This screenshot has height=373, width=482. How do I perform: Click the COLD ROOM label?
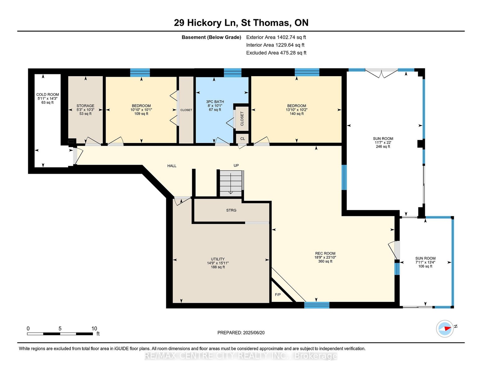tap(48, 94)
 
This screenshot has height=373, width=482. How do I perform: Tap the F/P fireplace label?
tap(278, 295)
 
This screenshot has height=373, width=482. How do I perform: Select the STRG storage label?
tap(231, 210)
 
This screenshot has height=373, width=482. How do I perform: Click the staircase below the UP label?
tap(231, 183)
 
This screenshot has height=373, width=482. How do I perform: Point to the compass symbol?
tap(445, 329)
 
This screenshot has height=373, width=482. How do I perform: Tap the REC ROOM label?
tap(325, 253)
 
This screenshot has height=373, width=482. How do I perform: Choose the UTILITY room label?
tap(218, 259)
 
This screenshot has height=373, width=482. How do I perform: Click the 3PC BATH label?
tap(215, 102)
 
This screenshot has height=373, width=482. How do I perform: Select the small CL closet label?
tap(243, 139)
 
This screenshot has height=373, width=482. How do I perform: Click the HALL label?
tap(172, 166)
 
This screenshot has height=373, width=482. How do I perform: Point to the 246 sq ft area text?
tap(383, 146)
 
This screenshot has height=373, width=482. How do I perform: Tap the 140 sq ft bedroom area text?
tap(297, 113)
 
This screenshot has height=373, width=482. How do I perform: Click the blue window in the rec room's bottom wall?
tap(316, 305)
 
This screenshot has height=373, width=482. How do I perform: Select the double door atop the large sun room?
tap(381, 73)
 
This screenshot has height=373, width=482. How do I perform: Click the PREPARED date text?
tap(241, 333)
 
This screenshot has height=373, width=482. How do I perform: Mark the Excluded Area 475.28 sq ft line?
tap(276, 53)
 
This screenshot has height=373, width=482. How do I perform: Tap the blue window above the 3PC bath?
tap(233, 73)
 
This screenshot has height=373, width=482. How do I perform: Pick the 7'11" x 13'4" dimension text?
tap(425, 262)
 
